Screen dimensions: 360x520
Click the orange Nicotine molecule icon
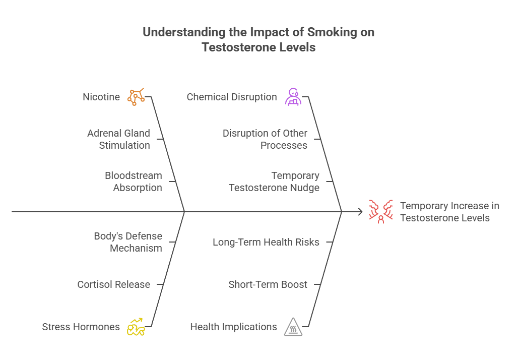136,96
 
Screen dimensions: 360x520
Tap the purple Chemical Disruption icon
293,96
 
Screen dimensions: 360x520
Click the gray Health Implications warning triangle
293,327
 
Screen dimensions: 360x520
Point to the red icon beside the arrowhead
380,212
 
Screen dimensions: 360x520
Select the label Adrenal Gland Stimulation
118,139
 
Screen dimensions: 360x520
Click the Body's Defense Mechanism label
128,242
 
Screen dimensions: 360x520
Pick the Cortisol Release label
113,284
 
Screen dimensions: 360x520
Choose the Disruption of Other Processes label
265,139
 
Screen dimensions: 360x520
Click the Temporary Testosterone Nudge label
274,182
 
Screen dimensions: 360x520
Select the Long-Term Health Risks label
266,242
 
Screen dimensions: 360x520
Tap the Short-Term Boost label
268,284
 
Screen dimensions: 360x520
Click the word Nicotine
101,97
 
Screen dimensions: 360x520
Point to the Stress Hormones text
81,327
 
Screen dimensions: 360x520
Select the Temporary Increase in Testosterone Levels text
449,212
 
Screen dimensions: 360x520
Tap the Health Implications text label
233,327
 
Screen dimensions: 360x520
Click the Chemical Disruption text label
232,97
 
